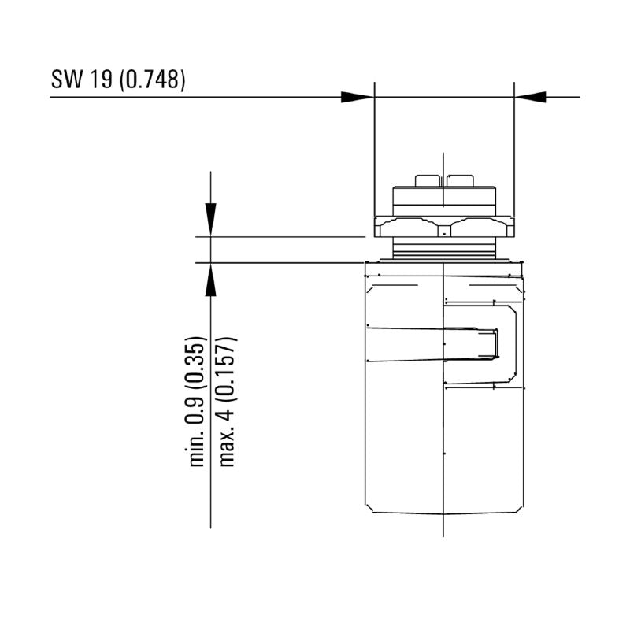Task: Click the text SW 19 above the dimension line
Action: point(82,80)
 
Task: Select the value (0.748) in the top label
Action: point(153,80)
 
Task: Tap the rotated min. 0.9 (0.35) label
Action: point(197,401)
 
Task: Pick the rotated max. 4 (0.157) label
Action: point(227,401)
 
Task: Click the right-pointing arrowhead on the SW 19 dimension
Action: point(358,97)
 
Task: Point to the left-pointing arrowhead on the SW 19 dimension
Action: point(530,97)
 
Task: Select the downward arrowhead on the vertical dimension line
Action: point(210,220)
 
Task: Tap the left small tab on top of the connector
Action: point(428,181)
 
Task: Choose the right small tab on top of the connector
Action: point(460,181)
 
